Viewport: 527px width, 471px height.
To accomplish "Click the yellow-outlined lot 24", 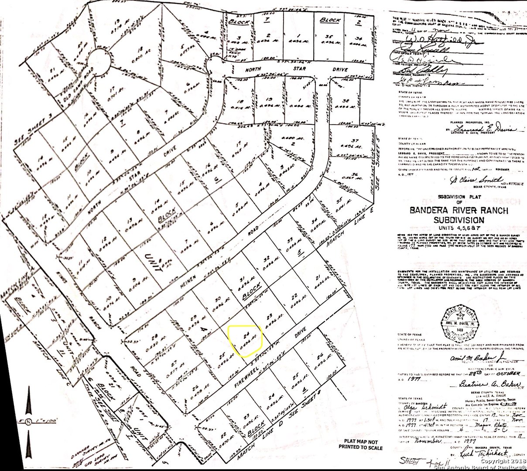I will click(246, 341).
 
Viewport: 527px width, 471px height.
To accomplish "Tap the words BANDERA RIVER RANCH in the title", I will click(459, 211).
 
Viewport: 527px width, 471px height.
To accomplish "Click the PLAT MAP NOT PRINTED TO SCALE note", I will click(360, 444).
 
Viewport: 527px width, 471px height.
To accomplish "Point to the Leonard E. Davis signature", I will click(484, 130).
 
